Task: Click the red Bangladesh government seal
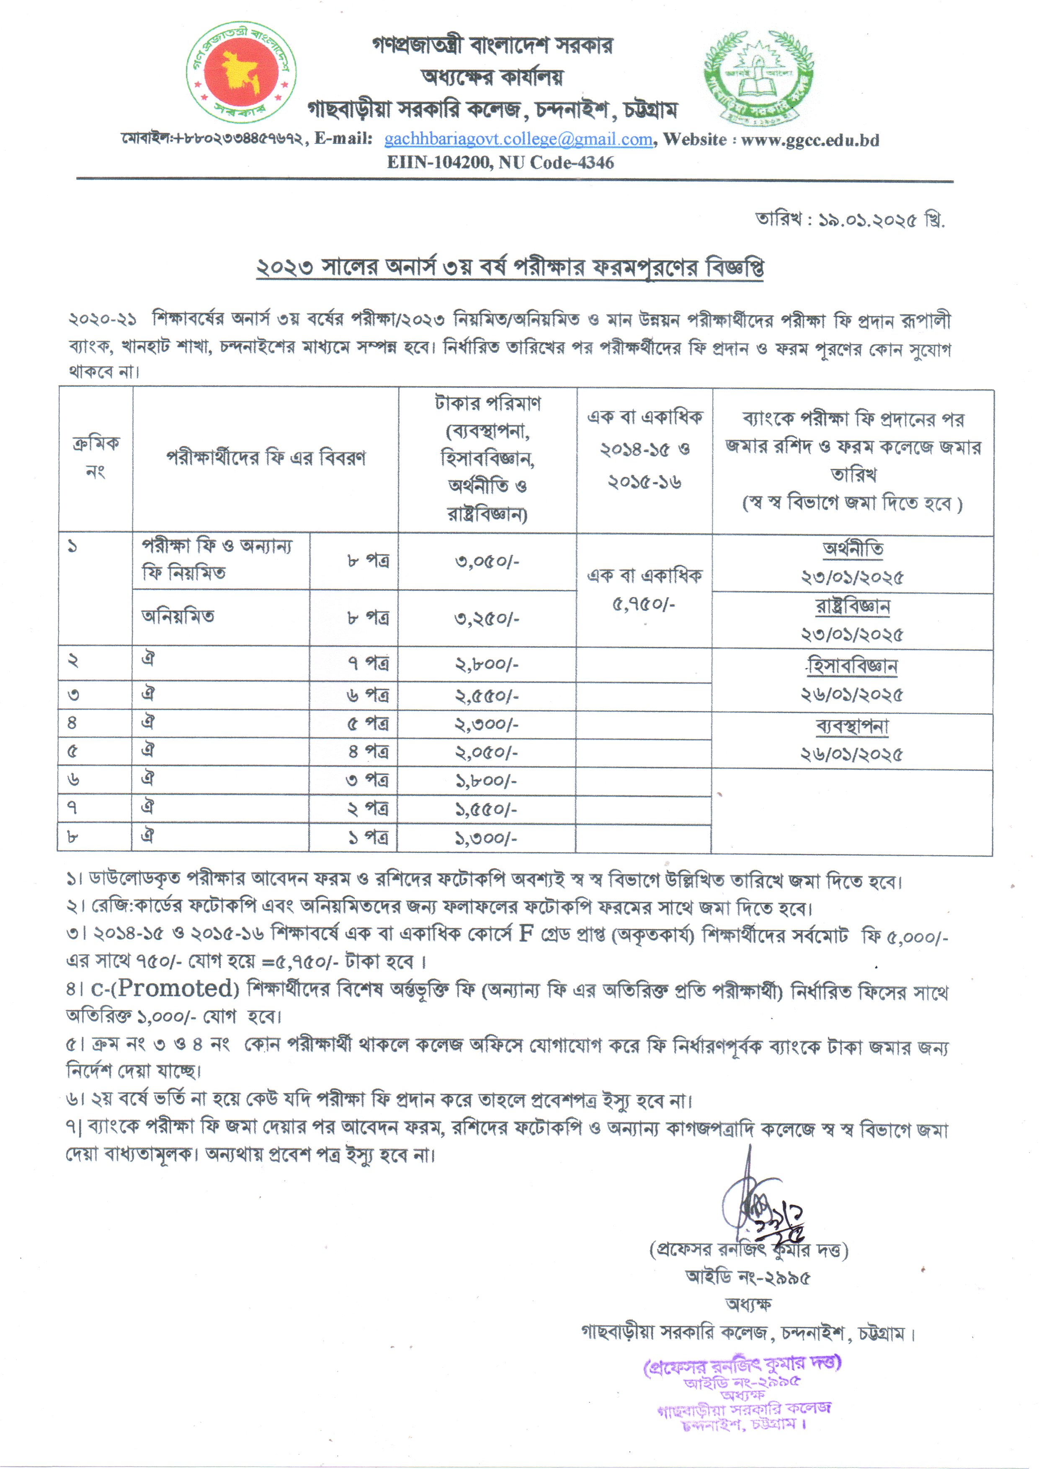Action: [x=241, y=72]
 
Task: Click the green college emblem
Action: [x=759, y=77]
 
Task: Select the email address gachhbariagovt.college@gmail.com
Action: [x=518, y=140]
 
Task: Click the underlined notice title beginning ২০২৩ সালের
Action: [x=510, y=268]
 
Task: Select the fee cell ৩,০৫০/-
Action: [x=487, y=562]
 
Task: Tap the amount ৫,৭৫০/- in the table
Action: [x=644, y=604]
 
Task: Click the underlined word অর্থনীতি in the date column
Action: [x=853, y=548]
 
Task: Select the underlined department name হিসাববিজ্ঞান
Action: [x=853, y=666]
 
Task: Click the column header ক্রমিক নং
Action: [x=95, y=458]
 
